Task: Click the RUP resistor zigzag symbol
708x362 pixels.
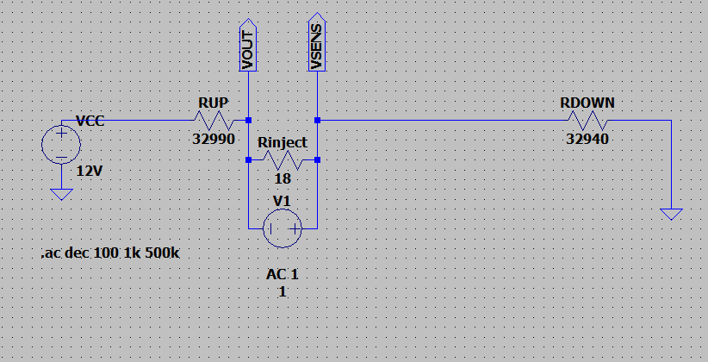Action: click(214, 120)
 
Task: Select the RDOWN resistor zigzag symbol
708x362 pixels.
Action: click(587, 120)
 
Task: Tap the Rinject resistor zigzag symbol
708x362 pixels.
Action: click(283, 159)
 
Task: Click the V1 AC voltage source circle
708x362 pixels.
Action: click(283, 228)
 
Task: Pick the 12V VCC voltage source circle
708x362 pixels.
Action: click(61, 145)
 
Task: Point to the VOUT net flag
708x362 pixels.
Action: click(248, 45)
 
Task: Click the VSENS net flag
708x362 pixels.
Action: click(317, 45)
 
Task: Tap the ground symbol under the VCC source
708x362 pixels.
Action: click(61, 194)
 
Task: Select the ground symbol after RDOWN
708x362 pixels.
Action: click(671, 215)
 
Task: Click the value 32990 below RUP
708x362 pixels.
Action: click(214, 139)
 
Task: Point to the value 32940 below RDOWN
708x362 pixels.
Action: click(587, 139)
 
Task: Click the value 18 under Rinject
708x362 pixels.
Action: click(283, 178)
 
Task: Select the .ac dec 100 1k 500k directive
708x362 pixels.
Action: click(110, 253)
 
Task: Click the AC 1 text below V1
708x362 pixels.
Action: click(283, 274)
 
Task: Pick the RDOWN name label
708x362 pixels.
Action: click(587, 103)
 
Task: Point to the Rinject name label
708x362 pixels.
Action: click(283, 143)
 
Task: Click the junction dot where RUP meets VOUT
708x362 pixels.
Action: click(248, 120)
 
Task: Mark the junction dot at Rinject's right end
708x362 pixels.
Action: click(318, 159)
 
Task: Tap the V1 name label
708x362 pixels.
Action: click(283, 201)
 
